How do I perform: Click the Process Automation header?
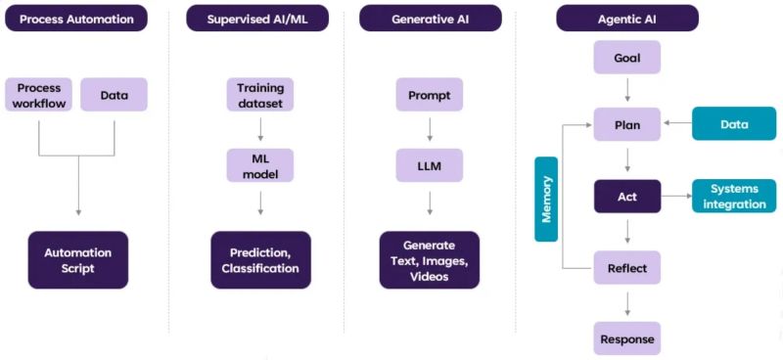77,18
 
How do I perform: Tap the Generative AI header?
429,18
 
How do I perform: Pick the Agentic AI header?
627,18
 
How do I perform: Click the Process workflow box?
39,95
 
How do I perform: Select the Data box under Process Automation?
115,95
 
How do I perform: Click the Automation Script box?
77,259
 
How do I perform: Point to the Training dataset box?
260,95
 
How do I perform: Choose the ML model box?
260,165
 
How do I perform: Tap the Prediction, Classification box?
260,259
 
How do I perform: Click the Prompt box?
429,95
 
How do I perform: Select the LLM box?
429,165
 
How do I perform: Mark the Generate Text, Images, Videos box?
429,260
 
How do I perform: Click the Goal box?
627,58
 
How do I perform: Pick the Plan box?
627,125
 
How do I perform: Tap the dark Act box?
627,197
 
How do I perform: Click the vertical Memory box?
546,199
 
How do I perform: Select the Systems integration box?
733,197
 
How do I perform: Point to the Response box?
627,337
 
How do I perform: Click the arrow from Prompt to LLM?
429,130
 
